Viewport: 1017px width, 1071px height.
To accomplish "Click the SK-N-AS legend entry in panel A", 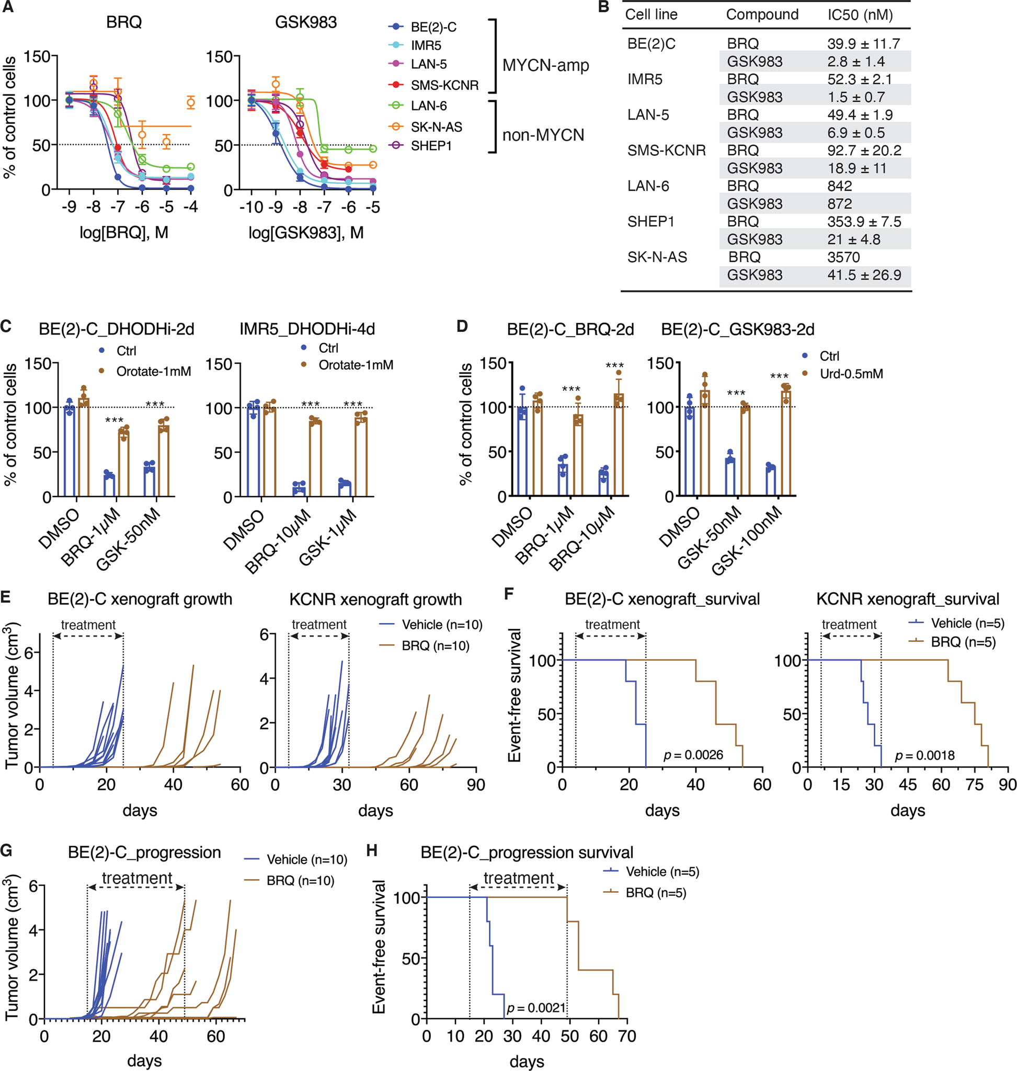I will tap(436, 127).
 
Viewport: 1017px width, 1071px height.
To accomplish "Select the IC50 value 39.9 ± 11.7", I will tap(863, 43).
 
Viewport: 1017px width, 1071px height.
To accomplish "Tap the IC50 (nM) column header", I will tap(860, 15).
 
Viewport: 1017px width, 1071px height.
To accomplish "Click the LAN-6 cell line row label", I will tap(648, 186).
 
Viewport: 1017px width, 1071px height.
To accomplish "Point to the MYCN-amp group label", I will tap(545, 65).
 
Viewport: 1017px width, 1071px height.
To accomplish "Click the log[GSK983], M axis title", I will tap(306, 233).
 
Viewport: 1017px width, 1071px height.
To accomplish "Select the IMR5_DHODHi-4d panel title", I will tap(307, 329).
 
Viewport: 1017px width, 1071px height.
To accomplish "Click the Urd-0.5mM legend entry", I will tap(851, 373).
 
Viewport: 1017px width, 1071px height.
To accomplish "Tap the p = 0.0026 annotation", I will tap(693, 755).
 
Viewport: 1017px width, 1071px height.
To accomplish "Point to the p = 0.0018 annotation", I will tap(924, 755).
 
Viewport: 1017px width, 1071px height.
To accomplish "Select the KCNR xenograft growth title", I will tap(375, 600).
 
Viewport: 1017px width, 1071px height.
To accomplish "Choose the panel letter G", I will tap(6, 850).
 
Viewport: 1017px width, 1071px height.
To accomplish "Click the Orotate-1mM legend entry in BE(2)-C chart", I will tap(153, 371).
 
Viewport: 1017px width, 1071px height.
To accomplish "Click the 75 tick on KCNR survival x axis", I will tap(974, 784).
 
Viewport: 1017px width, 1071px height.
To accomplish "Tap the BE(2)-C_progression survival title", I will tap(527, 853).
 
